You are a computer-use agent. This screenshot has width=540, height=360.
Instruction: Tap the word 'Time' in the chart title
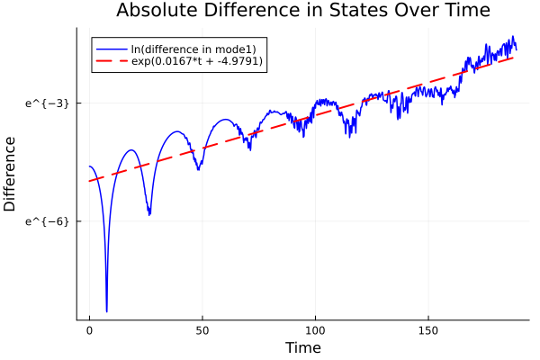pos(465,11)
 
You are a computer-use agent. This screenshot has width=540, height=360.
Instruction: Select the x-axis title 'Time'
pos(302,347)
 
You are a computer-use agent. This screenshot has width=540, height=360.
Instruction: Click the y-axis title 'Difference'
pos(11,174)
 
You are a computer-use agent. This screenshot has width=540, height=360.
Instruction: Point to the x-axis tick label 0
pos(89,330)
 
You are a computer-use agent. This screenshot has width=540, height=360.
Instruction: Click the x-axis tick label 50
pos(202,330)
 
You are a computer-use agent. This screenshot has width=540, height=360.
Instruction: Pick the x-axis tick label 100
pos(315,330)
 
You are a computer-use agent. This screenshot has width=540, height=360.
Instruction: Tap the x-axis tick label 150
pos(427,330)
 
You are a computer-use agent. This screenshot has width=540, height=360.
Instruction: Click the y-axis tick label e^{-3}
pos(47,103)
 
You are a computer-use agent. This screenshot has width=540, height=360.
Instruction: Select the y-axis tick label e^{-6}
pos(47,221)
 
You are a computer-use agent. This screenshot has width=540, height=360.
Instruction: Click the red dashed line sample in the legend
pos(111,61)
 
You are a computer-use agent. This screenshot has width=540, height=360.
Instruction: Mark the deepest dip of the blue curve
pos(106,310)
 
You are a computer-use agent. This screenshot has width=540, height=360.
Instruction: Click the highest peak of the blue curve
pos(513,37)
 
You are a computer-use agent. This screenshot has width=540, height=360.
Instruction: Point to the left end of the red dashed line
pos(90,181)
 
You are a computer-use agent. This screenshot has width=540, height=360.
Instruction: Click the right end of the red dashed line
pos(515,58)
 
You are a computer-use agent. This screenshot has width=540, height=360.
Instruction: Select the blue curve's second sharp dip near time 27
pos(149,214)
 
